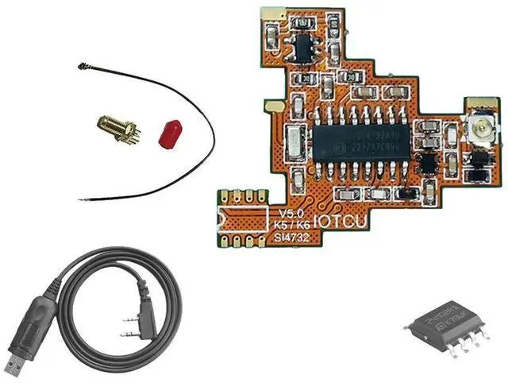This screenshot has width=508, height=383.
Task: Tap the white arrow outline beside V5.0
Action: (246, 215)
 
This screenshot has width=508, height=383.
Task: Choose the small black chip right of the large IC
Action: (428, 163)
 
